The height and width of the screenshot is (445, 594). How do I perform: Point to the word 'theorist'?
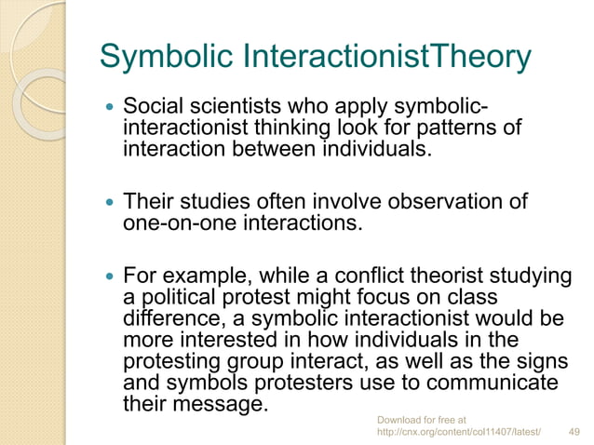tap(425, 276)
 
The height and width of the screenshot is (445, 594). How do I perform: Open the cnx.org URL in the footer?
tap(459, 433)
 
